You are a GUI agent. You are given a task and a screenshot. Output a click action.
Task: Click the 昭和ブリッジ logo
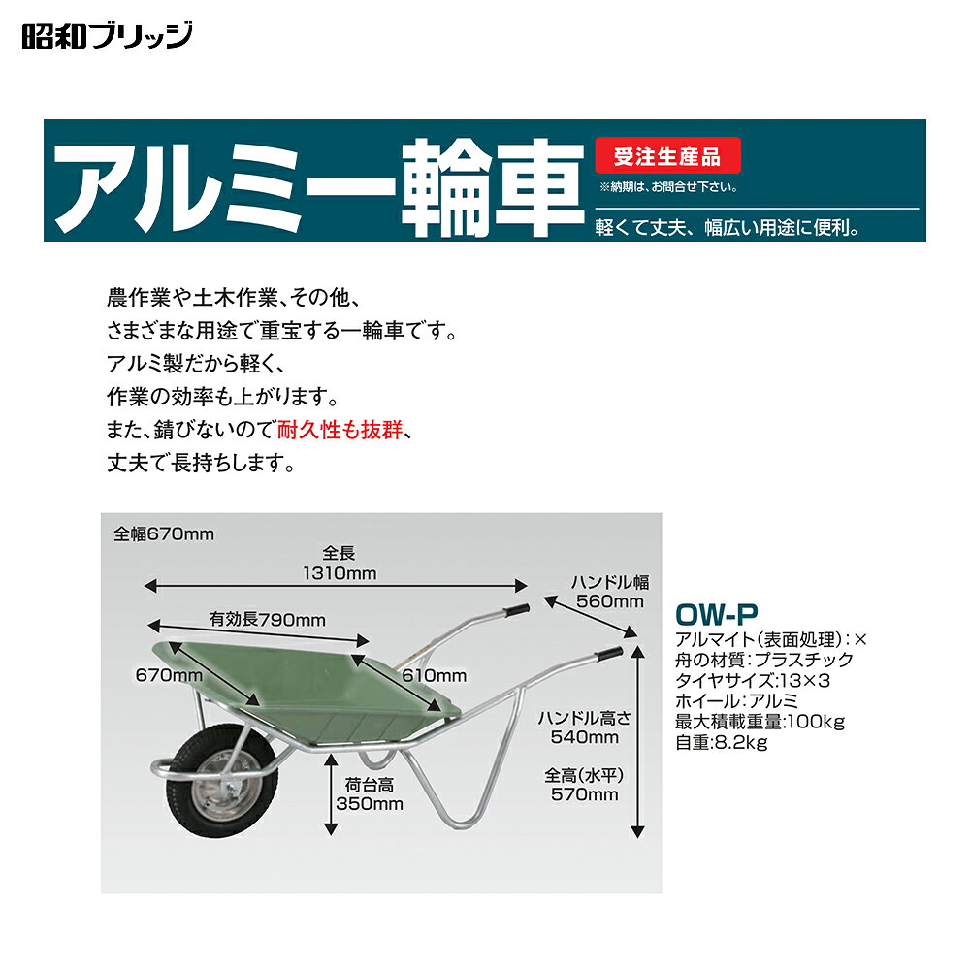107,35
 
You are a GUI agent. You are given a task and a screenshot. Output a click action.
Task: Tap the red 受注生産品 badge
667,155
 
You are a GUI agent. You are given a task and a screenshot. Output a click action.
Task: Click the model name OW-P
717,614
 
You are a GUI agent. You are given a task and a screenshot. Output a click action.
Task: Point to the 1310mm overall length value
339,573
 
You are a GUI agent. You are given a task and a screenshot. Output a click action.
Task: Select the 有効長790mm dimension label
268,619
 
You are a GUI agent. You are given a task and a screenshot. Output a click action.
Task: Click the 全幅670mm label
164,533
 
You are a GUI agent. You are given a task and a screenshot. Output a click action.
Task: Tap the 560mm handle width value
610,601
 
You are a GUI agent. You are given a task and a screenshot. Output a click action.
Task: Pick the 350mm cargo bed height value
370,803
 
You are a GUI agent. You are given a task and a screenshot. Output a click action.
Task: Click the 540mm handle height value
585,737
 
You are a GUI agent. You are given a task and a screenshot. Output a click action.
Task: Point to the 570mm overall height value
585,794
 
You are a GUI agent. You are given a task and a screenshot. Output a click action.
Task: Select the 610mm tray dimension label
435,675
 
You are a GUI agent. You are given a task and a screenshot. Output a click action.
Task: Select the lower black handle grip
609,655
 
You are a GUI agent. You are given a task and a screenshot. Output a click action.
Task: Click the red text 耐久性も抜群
339,430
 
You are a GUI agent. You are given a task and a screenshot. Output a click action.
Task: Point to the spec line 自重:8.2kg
722,742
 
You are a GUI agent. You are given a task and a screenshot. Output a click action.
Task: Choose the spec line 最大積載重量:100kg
760,722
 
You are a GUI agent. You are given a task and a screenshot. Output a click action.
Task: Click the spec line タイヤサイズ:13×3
753,681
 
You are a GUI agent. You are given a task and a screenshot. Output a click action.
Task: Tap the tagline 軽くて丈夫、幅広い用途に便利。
728,228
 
